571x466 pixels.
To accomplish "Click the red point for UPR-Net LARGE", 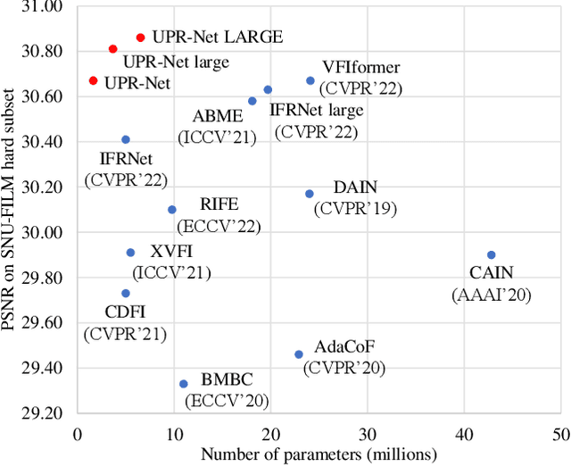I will tap(140, 37).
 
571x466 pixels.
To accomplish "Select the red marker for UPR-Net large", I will tap(112, 49).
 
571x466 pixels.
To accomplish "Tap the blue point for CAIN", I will tap(491, 254).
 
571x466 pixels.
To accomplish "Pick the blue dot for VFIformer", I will tap(310, 80).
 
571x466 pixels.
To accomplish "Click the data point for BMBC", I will tap(184, 384).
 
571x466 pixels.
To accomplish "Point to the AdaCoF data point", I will tap(299, 354).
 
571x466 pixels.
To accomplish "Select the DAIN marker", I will tap(310, 194).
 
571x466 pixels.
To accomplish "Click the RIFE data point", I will tap(172, 210).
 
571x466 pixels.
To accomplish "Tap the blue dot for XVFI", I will tap(130, 253).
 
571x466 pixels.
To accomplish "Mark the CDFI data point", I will tap(126, 293).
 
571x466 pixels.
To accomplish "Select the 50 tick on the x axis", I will tap(560, 434).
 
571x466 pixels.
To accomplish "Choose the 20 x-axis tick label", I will tap(270, 434).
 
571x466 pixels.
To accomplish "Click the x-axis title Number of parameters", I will tap(319, 454).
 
